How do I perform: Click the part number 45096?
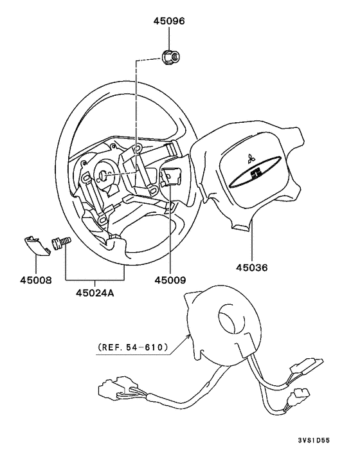168,21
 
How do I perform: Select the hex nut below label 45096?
169,57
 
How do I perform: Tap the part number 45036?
251,268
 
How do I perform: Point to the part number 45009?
170,280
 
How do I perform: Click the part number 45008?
36,280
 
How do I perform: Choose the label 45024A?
95,293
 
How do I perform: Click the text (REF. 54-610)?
133,347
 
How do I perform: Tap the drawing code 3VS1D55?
314,440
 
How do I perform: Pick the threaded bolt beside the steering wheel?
61,242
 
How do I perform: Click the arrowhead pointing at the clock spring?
189,336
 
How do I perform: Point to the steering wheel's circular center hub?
107,177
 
